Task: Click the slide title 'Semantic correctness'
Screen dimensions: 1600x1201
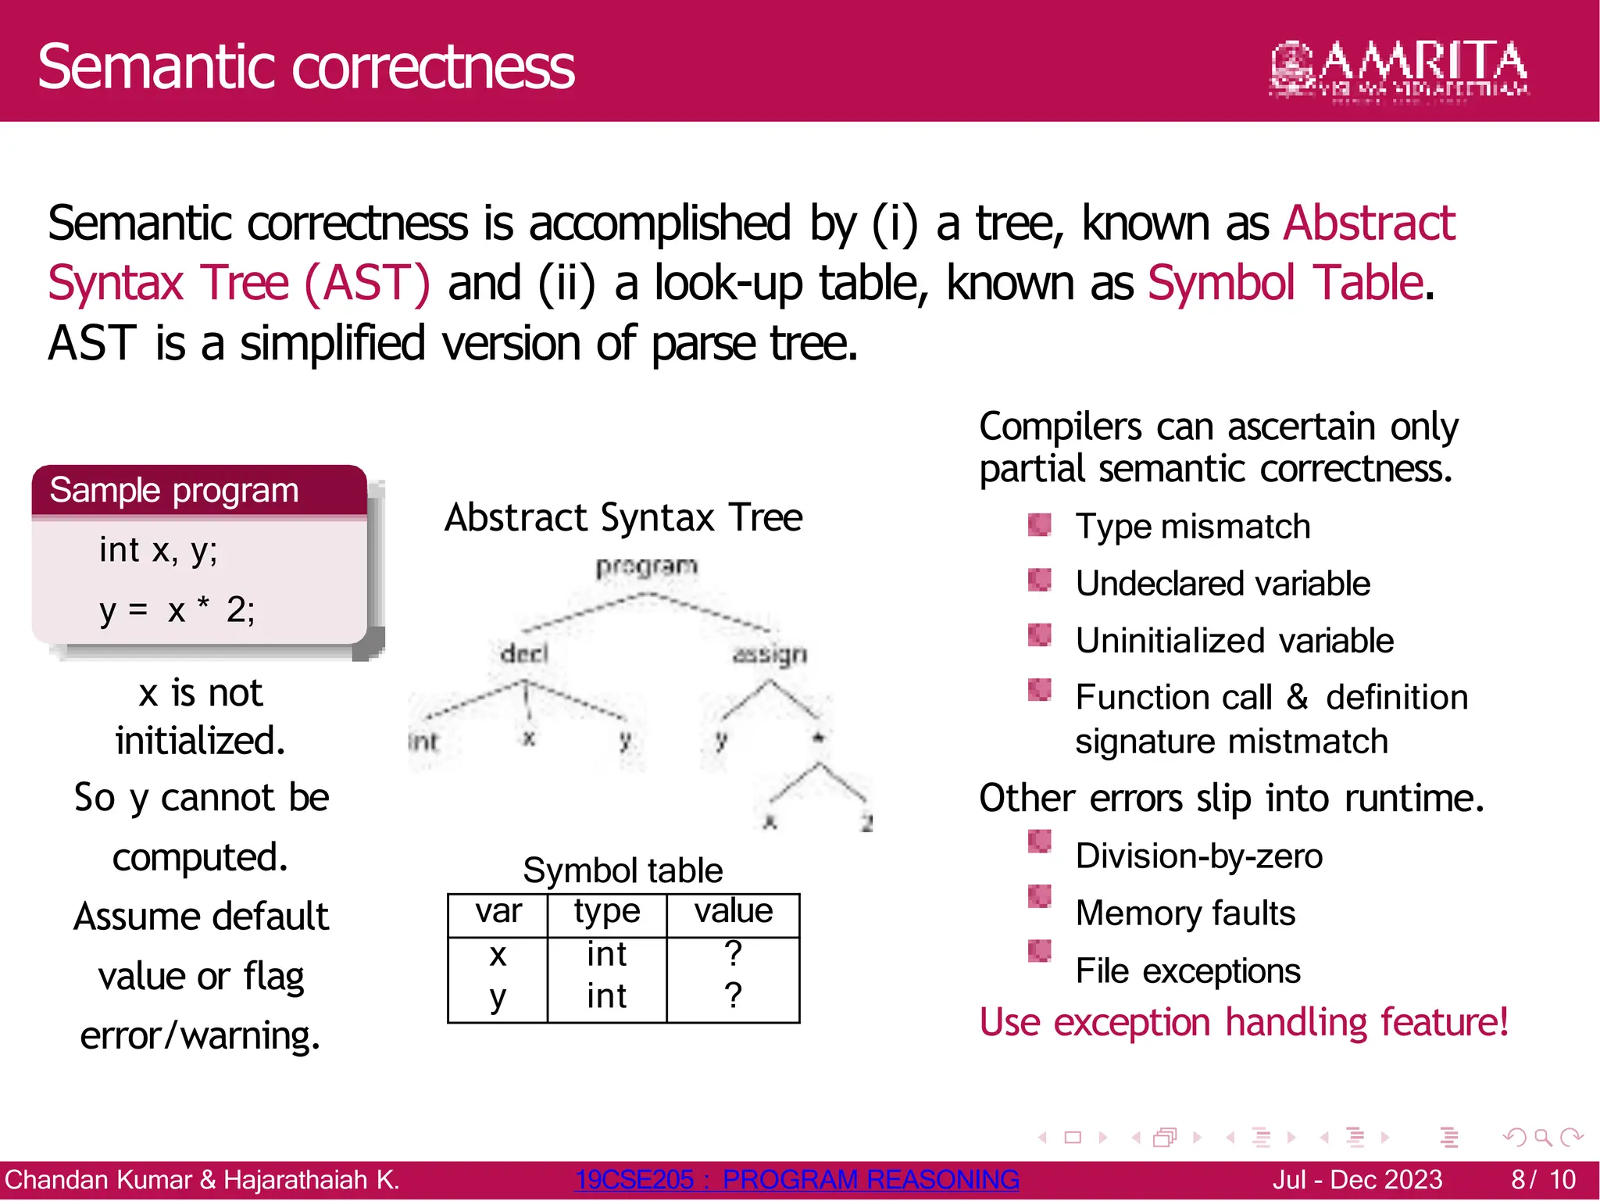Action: pyautogui.click(x=306, y=67)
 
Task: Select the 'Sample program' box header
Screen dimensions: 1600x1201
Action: pyautogui.click(x=174, y=491)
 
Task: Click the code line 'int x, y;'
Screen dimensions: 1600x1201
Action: pyautogui.click(x=159, y=550)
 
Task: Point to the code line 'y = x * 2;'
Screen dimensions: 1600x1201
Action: pyautogui.click(x=177, y=609)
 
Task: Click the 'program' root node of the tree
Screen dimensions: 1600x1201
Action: pyautogui.click(x=646, y=567)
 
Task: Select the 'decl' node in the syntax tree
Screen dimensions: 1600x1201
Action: pyautogui.click(x=524, y=653)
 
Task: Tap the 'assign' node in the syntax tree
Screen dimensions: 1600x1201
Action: pyautogui.click(x=770, y=654)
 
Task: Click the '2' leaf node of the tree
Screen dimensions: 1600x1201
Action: pyautogui.click(x=866, y=822)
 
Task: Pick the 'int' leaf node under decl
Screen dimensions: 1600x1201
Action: pyautogui.click(x=423, y=741)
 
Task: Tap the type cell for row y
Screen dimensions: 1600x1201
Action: pyautogui.click(x=607, y=996)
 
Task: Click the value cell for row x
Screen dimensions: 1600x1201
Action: pyautogui.click(x=733, y=953)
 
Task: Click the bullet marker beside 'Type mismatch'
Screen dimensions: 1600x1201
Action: pyautogui.click(x=1039, y=524)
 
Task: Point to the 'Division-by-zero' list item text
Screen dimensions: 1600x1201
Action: pyautogui.click(x=1199, y=856)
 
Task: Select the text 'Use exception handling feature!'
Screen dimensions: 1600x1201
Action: pyautogui.click(x=1244, y=1022)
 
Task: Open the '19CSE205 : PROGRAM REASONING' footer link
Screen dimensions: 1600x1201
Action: pyautogui.click(x=797, y=1179)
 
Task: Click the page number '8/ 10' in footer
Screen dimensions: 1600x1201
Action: pyautogui.click(x=1543, y=1179)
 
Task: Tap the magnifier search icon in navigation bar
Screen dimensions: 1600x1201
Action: pyautogui.click(x=1542, y=1137)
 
